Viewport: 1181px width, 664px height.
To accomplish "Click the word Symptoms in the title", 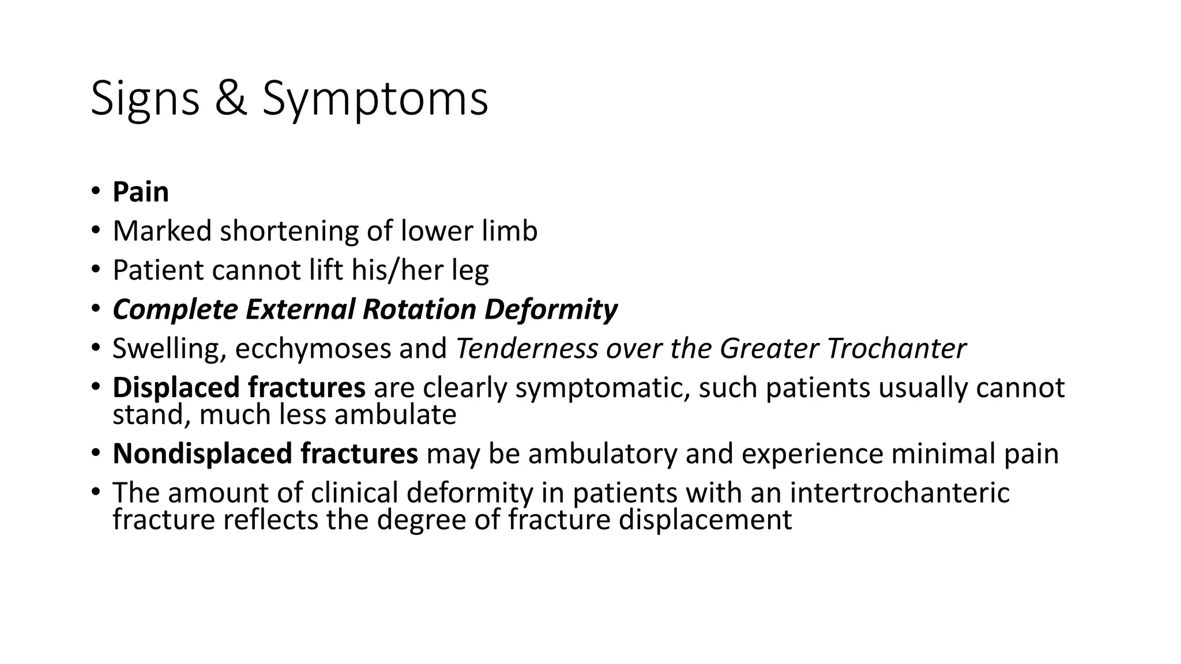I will pyautogui.click(x=375, y=99).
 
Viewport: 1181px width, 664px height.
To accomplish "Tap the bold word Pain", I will pyautogui.click(x=140, y=192).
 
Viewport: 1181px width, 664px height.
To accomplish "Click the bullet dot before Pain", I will pyautogui.click(x=96, y=192).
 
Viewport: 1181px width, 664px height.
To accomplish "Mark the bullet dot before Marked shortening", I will pyautogui.click(x=96, y=231).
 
